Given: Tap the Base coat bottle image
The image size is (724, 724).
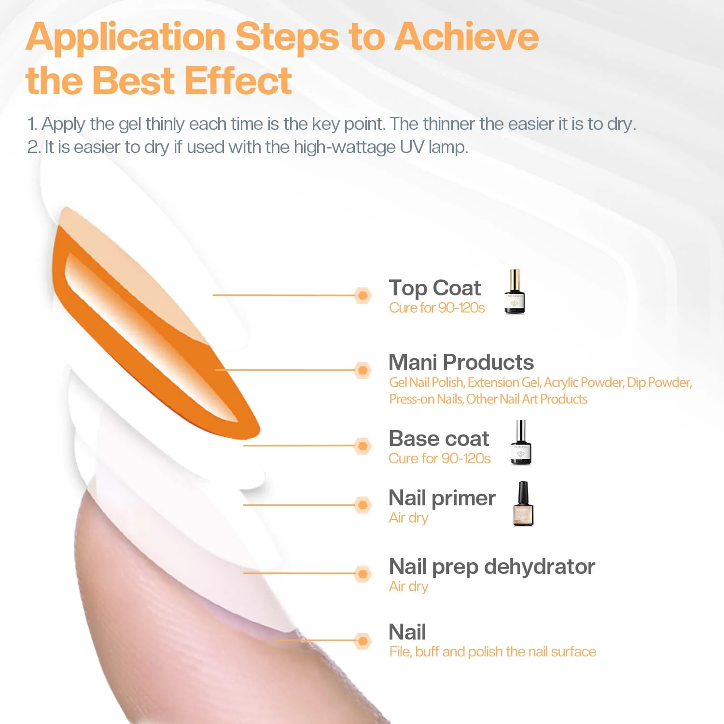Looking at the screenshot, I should [x=521, y=444].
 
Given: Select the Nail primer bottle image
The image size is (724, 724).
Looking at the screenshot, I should [x=523, y=504].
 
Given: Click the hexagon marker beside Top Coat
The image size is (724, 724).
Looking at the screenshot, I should [x=362, y=295].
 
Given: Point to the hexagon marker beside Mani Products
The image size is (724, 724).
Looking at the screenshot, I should [x=362, y=370].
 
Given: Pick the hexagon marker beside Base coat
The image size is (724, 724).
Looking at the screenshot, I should [x=362, y=446].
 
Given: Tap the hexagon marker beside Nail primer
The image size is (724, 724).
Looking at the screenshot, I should [x=362, y=505].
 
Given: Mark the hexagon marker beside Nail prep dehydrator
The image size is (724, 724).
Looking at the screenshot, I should [x=362, y=573].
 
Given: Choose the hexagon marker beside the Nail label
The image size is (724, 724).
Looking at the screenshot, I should [x=362, y=640].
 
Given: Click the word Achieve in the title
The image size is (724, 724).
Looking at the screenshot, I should [x=466, y=37].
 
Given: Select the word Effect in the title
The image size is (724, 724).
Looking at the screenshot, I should [x=238, y=80].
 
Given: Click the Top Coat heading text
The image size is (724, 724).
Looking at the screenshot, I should [x=434, y=288].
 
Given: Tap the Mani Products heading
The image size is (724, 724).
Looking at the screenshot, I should [x=461, y=362].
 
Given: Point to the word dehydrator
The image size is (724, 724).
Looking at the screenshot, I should [x=539, y=567].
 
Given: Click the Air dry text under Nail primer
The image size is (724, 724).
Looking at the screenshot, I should [x=408, y=518].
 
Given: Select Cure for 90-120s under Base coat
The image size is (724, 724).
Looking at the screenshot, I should [x=439, y=459].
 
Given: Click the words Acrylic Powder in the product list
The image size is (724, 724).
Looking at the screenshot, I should [x=583, y=382].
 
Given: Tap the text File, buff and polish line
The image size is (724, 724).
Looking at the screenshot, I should [x=492, y=652].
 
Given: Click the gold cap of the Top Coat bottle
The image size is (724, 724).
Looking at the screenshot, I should [x=515, y=278].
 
